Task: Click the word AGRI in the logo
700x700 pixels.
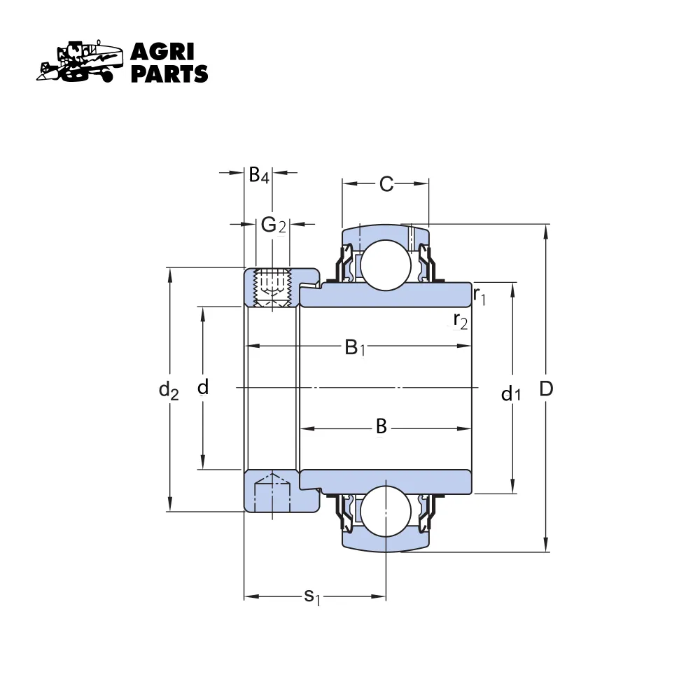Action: (162, 52)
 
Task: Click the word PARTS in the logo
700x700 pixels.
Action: (169, 73)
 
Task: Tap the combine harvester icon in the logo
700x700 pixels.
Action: (80, 62)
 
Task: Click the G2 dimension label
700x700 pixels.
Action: (273, 225)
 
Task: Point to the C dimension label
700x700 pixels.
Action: (386, 184)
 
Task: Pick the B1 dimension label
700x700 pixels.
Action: (356, 347)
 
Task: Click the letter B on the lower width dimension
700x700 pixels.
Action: (381, 426)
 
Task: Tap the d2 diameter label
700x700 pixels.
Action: (169, 390)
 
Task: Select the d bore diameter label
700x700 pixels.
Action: (203, 387)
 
